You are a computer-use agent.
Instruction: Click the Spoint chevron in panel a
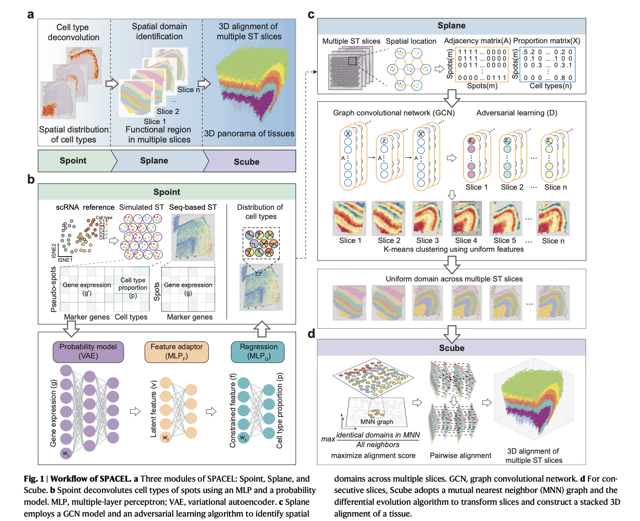pos(73,160)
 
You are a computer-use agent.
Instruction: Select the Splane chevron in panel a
pos(154,160)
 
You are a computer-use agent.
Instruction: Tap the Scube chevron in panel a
pos(247,161)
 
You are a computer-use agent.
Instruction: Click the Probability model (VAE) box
pos(88,351)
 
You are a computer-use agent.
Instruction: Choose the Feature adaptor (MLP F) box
pos(177,351)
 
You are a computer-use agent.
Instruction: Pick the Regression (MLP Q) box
pos(258,351)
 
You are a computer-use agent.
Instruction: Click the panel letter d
pos(311,334)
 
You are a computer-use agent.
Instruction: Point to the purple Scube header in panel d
pos(452,348)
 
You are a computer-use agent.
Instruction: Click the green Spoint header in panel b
pos(167,192)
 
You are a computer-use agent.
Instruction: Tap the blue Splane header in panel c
pos(452,26)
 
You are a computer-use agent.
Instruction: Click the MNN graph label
pos(376,422)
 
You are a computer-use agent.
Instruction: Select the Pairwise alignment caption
pos(460,455)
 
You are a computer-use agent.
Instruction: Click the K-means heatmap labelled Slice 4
pos(466,218)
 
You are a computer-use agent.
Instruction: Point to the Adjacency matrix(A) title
pos(477,41)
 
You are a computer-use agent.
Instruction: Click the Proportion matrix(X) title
pos(546,41)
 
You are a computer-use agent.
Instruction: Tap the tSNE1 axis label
pos(65,260)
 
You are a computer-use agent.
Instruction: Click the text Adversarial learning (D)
pos(517,113)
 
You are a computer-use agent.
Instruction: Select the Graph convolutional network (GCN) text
pos(394,113)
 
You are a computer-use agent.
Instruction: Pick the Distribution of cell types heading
pos(260,212)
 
